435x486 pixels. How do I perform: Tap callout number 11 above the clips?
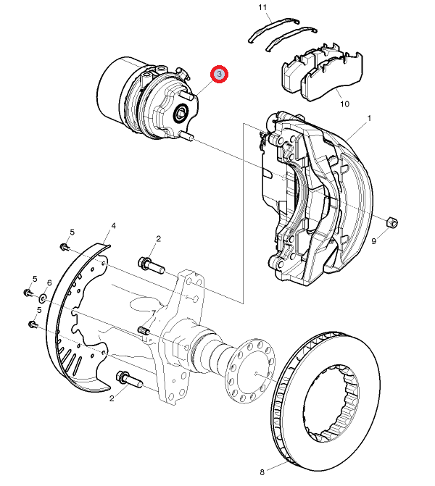click(262, 8)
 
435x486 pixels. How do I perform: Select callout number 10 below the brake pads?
click(344, 104)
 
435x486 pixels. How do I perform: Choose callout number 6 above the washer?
click(49, 282)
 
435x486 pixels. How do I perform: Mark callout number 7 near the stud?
click(153, 312)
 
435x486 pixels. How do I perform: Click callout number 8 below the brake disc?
click(262, 472)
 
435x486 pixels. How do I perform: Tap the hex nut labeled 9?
click(389, 221)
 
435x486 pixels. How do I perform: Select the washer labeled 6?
click(44, 297)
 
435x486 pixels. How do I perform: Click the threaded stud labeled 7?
click(144, 332)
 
